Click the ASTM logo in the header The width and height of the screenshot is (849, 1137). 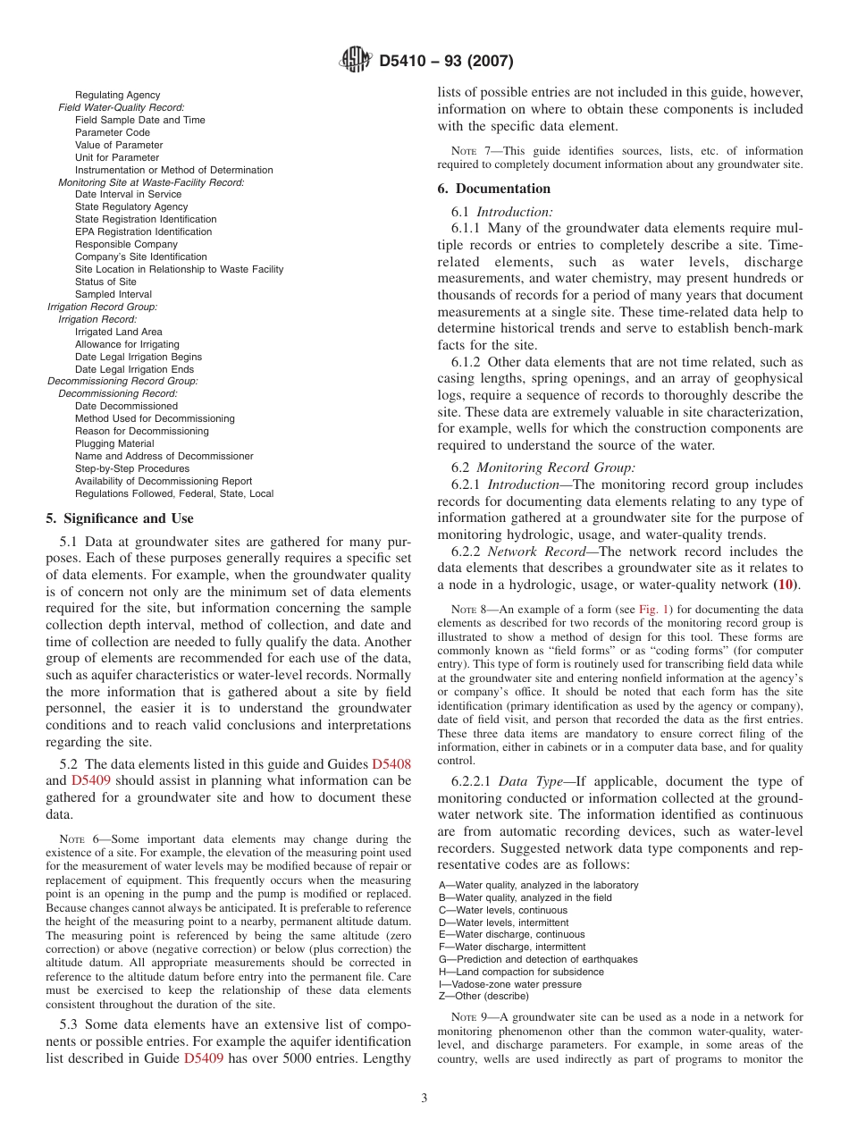[x=357, y=61]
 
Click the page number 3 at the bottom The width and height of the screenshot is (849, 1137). [x=424, y=1099]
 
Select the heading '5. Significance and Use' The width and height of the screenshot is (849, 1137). [x=119, y=518]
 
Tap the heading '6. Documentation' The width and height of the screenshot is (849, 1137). [x=493, y=189]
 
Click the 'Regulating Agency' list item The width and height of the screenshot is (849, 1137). [x=117, y=95]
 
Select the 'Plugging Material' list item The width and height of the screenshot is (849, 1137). [x=114, y=443]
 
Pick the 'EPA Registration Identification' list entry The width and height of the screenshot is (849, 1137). [x=143, y=232]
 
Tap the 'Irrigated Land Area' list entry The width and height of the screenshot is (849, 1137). [x=118, y=332]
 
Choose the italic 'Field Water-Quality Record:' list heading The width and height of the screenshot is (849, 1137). [x=122, y=107]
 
